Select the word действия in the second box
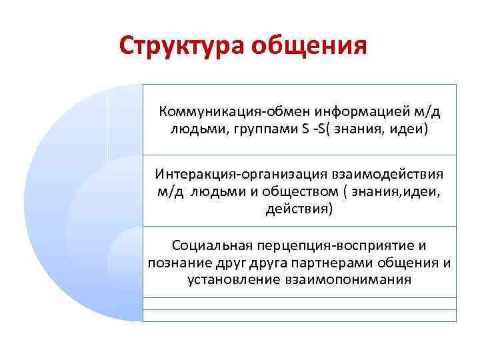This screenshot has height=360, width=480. (298, 209)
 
